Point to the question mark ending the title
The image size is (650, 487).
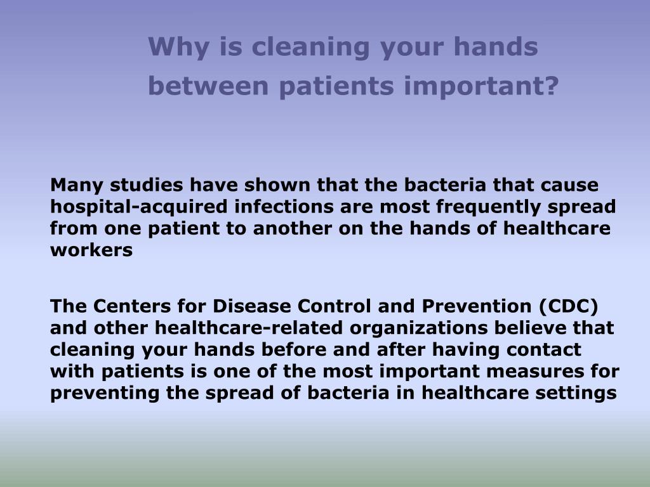point(550,86)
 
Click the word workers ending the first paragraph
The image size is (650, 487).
point(91,250)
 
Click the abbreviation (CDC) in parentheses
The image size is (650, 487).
point(569,307)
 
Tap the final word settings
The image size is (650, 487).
point(580,393)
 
